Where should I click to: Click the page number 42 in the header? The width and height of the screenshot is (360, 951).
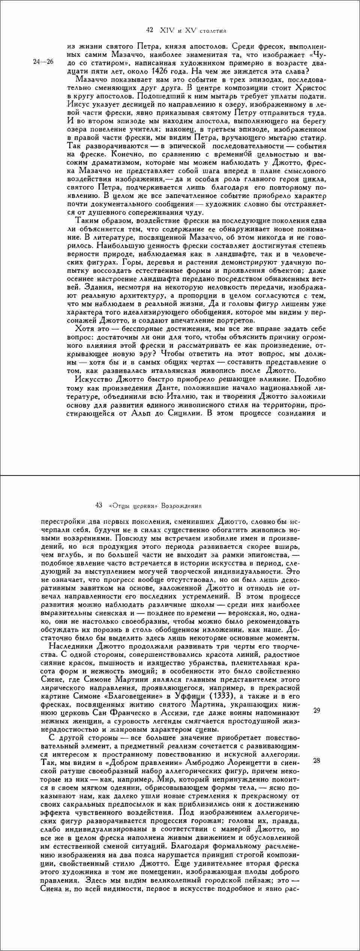pos(149,30)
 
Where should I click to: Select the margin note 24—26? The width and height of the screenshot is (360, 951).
pos(43,62)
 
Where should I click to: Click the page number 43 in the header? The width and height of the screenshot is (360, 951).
pos(99,505)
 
